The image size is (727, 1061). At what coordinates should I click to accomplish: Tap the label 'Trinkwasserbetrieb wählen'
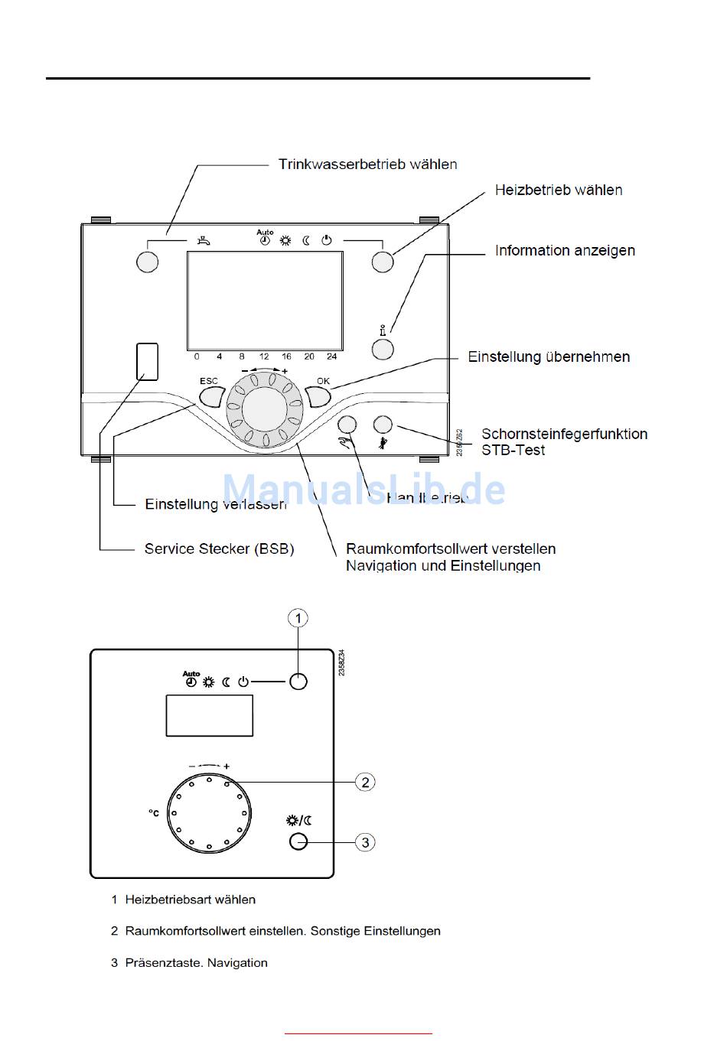pos(367,164)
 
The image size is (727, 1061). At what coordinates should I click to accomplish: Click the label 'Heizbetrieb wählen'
pos(558,190)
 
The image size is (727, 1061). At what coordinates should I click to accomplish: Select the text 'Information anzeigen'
pos(565,251)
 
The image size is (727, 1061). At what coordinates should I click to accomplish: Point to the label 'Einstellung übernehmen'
pos(549,357)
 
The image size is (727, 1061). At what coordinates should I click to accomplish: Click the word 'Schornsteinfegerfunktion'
pos(564,434)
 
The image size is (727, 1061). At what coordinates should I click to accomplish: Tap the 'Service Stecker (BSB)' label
pos(219,549)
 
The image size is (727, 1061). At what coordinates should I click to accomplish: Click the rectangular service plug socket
pos(148,361)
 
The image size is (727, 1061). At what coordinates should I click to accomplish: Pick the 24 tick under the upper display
pos(331,356)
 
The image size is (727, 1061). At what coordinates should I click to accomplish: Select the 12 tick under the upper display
pos(264,356)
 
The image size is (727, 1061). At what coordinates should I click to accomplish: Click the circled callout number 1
pos(298,618)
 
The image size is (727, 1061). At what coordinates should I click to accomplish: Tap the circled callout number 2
pos(365,782)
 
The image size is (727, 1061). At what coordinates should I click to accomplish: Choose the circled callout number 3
pos(365,842)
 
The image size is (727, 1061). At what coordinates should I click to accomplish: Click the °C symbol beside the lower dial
pos(154,812)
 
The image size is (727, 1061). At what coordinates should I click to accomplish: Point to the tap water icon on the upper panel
pos(202,241)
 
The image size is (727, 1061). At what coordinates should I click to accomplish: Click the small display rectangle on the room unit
pos(210,716)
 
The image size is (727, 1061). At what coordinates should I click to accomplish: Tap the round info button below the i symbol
pos(383,350)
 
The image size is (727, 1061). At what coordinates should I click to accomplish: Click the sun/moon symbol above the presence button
pos(299,821)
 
